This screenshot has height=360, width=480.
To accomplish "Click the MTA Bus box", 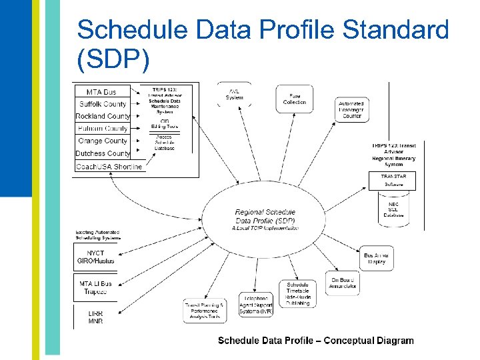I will tap(102, 91).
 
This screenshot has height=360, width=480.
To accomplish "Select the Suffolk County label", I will tap(102, 104).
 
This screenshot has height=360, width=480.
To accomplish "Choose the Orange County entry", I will tap(102, 141).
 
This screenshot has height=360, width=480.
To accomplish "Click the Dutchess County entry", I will tap(102, 153).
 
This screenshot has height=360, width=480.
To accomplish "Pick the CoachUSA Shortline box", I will tap(109, 167).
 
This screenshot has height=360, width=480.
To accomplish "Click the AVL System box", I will tap(234, 95).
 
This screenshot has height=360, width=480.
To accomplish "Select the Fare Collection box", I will tap(294, 99).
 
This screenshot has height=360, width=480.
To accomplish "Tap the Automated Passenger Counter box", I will tap(351, 110).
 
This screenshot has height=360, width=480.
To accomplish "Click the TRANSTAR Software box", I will tap(395, 180).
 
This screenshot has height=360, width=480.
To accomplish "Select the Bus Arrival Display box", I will tap(375, 258).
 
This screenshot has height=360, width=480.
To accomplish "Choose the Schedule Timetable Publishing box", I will tap(297, 294).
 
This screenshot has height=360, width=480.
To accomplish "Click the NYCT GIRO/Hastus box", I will tap(95, 257).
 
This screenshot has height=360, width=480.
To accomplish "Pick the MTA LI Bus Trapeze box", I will tap(95, 288).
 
